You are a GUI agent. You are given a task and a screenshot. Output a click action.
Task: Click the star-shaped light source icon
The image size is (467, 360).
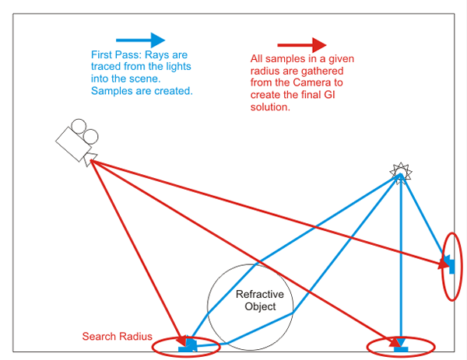(x=399, y=170)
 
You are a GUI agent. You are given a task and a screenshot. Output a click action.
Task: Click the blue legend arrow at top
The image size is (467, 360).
(x=140, y=39)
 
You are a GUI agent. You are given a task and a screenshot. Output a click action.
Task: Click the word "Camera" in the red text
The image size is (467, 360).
(x=325, y=82)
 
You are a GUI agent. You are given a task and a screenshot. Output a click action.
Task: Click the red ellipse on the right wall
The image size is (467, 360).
(x=451, y=266)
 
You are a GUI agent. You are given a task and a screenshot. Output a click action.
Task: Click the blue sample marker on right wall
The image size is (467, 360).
(x=449, y=264)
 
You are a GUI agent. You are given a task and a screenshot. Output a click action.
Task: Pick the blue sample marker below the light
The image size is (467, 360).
(x=400, y=348)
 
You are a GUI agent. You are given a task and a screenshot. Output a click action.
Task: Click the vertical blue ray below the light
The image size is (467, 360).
(x=400, y=264)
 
